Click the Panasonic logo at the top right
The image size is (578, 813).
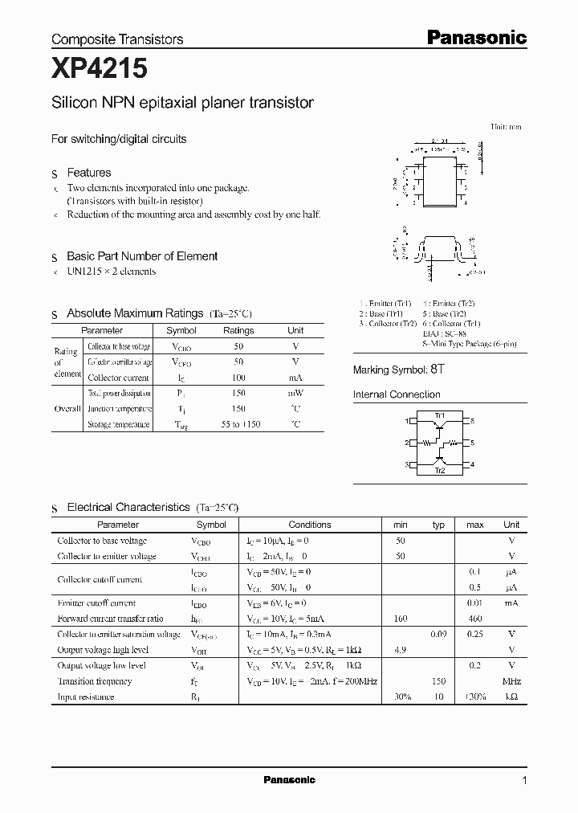tap(475, 37)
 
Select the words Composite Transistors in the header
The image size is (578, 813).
tap(117, 39)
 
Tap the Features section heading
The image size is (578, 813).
tap(88, 173)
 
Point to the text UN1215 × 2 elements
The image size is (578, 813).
tap(112, 272)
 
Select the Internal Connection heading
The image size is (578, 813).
tap(397, 394)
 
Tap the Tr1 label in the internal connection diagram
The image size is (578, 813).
tap(439, 415)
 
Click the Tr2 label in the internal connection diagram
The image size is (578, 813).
tap(439, 471)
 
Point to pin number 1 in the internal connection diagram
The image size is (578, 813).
tap(407, 421)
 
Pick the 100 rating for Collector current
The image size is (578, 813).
tap(238, 377)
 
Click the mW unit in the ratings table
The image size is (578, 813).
tap(295, 393)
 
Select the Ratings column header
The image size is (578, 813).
tap(238, 330)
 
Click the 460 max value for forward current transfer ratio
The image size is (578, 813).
tap(474, 619)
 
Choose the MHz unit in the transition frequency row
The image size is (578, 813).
tap(511, 681)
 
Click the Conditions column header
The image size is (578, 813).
tap(310, 525)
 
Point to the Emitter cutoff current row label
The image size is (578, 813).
tap(97, 603)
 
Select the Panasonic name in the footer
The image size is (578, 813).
tap(289, 780)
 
